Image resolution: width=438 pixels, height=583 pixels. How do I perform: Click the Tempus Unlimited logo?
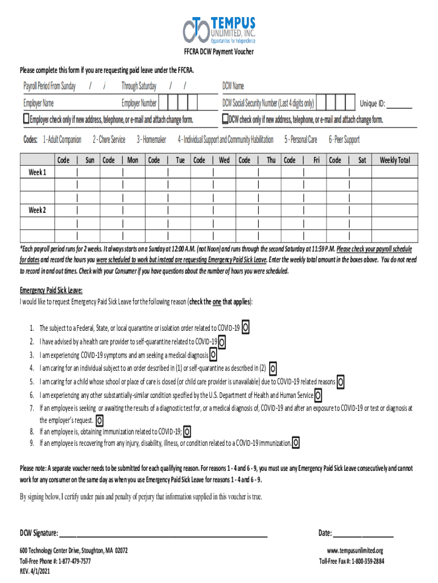point(219,30)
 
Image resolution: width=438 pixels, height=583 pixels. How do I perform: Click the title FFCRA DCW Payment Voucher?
point(218,52)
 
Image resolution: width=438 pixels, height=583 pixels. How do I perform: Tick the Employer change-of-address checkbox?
point(26,119)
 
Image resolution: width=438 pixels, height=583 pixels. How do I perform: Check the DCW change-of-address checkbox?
point(225,119)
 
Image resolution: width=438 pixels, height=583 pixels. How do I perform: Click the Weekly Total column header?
point(395,161)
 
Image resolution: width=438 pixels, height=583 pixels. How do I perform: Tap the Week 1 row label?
point(38,172)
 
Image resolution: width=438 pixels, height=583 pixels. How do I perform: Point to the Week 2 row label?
point(38,211)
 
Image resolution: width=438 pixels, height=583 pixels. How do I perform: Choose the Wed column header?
point(224,161)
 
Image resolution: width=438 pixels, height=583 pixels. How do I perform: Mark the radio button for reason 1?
point(245,328)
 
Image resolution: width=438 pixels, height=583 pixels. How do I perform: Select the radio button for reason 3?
point(213,355)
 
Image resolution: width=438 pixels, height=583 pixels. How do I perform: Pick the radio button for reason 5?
point(341,381)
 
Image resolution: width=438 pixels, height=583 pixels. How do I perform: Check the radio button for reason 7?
point(100,421)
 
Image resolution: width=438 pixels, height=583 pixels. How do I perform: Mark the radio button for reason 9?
point(296,443)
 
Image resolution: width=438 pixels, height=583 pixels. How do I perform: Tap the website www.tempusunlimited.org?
point(356,551)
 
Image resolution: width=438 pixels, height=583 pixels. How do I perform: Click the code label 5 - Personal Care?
point(301,139)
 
